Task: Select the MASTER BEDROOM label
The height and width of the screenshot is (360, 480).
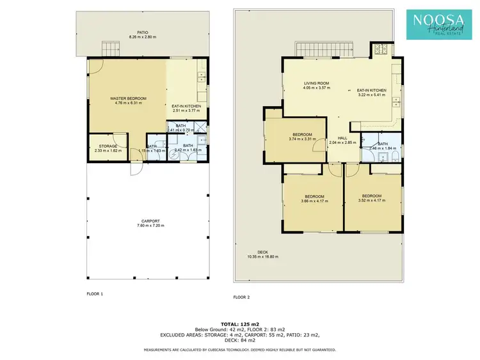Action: (x=130, y=98)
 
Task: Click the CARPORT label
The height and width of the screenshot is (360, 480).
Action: (x=150, y=221)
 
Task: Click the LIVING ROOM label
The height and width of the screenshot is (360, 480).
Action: (x=316, y=83)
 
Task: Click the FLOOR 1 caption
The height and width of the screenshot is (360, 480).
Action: (x=95, y=293)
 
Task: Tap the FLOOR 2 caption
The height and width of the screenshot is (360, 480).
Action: (x=241, y=297)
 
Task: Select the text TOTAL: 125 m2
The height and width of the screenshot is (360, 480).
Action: (x=239, y=325)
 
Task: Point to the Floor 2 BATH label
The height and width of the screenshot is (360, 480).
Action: (x=383, y=144)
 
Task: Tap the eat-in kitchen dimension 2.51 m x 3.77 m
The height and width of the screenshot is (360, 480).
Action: (x=186, y=110)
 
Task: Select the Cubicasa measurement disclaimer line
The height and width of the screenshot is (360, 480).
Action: (x=239, y=350)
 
